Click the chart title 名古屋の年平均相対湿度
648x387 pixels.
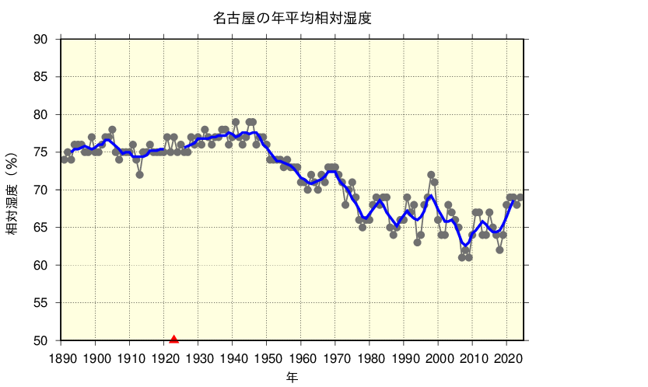tap(292, 18)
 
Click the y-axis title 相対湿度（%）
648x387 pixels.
tap(12, 190)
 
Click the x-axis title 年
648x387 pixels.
tap(292, 377)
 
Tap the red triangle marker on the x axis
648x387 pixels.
tap(173, 339)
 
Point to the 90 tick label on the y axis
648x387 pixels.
tap(41, 40)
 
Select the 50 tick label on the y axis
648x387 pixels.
tap(41, 341)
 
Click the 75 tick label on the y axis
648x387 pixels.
tap(41, 152)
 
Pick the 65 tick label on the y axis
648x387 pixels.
tap(41, 228)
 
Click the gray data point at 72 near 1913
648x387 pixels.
tap(139, 175)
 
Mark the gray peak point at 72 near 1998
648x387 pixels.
tap(431, 175)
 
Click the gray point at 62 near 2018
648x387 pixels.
tap(499, 250)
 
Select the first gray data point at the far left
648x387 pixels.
tap(64, 160)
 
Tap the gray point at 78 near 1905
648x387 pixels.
tap(112, 130)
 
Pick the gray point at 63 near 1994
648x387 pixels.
tap(417, 242)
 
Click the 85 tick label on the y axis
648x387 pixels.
tap(41, 77)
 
